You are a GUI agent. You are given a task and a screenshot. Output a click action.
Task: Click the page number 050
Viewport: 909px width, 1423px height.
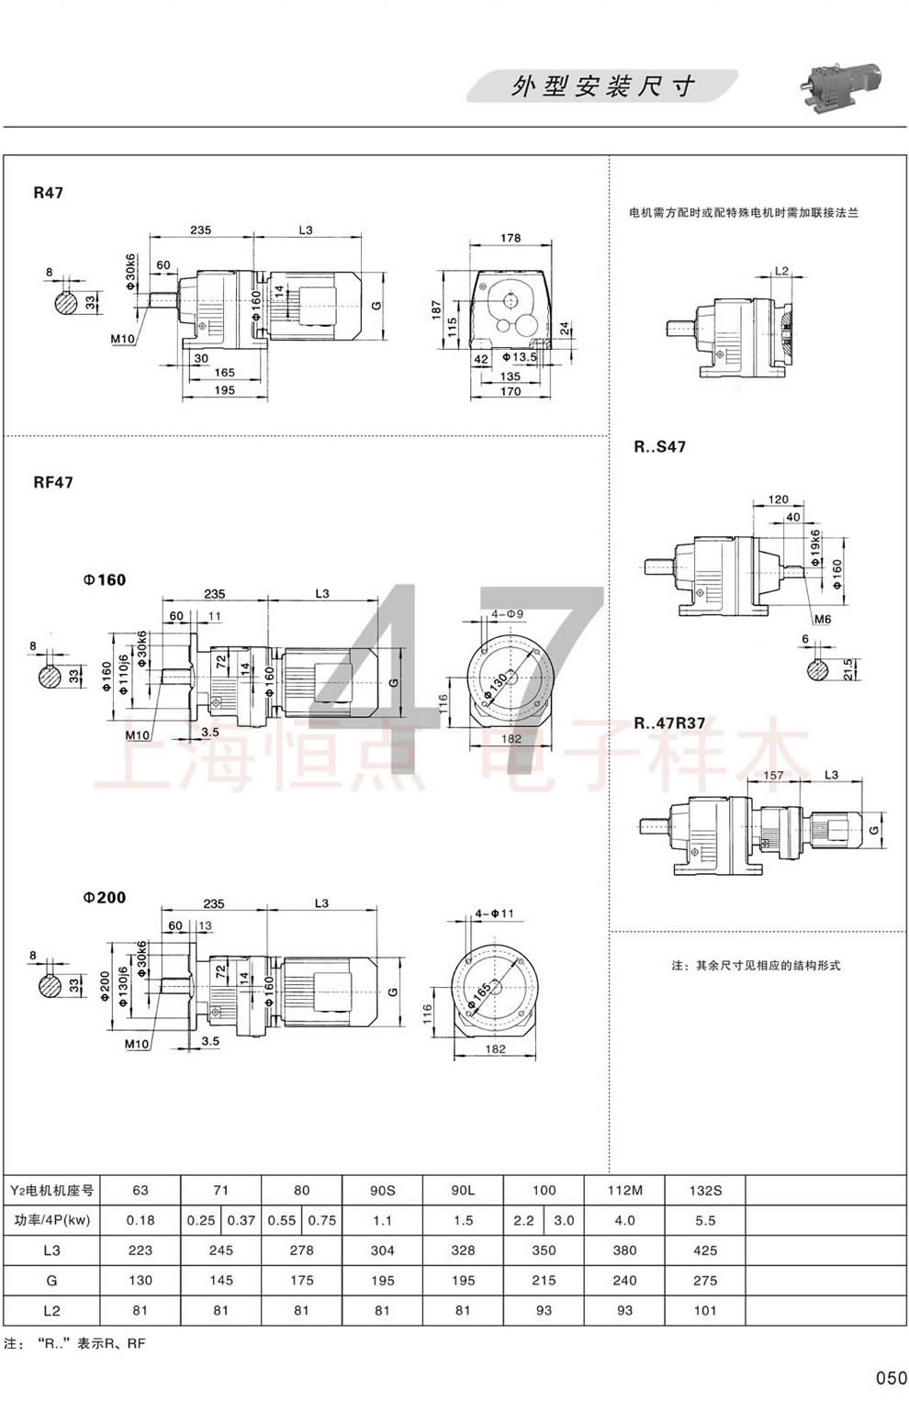(x=890, y=1377)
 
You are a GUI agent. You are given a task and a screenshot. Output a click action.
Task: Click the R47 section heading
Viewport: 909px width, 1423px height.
(x=48, y=193)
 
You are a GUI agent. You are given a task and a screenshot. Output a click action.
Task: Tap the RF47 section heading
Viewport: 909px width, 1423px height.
(x=53, y=482)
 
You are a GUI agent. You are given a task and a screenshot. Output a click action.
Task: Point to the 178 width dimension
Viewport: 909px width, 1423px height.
(x=511, y=238)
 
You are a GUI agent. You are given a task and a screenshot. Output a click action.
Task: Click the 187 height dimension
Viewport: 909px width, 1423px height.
(x=437, y=307)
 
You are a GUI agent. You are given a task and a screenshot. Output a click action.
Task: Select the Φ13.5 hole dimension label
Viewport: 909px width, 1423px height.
(x=519, y=356)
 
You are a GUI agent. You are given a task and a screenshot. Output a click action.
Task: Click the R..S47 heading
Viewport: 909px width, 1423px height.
(x=659, y=447)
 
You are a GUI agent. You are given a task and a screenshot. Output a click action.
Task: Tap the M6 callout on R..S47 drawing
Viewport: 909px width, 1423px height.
(x=823, y=619)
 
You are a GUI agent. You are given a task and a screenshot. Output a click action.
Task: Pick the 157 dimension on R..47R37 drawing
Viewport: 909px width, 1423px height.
(x=773, y=776)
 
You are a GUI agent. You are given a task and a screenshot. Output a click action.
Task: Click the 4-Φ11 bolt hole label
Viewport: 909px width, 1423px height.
(x=495, y=913)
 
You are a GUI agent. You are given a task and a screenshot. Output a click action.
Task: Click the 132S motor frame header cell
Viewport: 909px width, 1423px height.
(x=705, y=1191)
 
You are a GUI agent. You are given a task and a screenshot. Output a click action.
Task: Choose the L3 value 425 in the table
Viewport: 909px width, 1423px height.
(x=705, y=1250)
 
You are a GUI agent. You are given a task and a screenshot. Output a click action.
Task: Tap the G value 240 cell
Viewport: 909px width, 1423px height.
(x=624, y=1281)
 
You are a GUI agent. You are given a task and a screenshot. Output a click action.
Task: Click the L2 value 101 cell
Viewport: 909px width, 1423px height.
(x=705, y=1311)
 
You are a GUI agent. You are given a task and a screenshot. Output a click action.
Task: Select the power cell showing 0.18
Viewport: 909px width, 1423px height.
(x=140, y=1221)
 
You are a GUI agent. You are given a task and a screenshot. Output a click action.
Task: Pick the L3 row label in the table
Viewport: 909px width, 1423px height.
(x=51, y=1250)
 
